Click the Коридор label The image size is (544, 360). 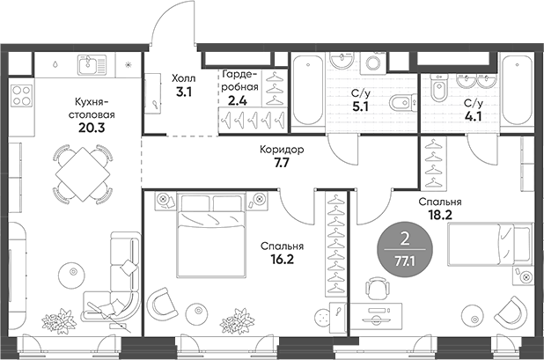click(282, 151)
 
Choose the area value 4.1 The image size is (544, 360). click(474, 113)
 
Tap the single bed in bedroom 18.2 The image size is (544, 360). click(489, 244)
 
